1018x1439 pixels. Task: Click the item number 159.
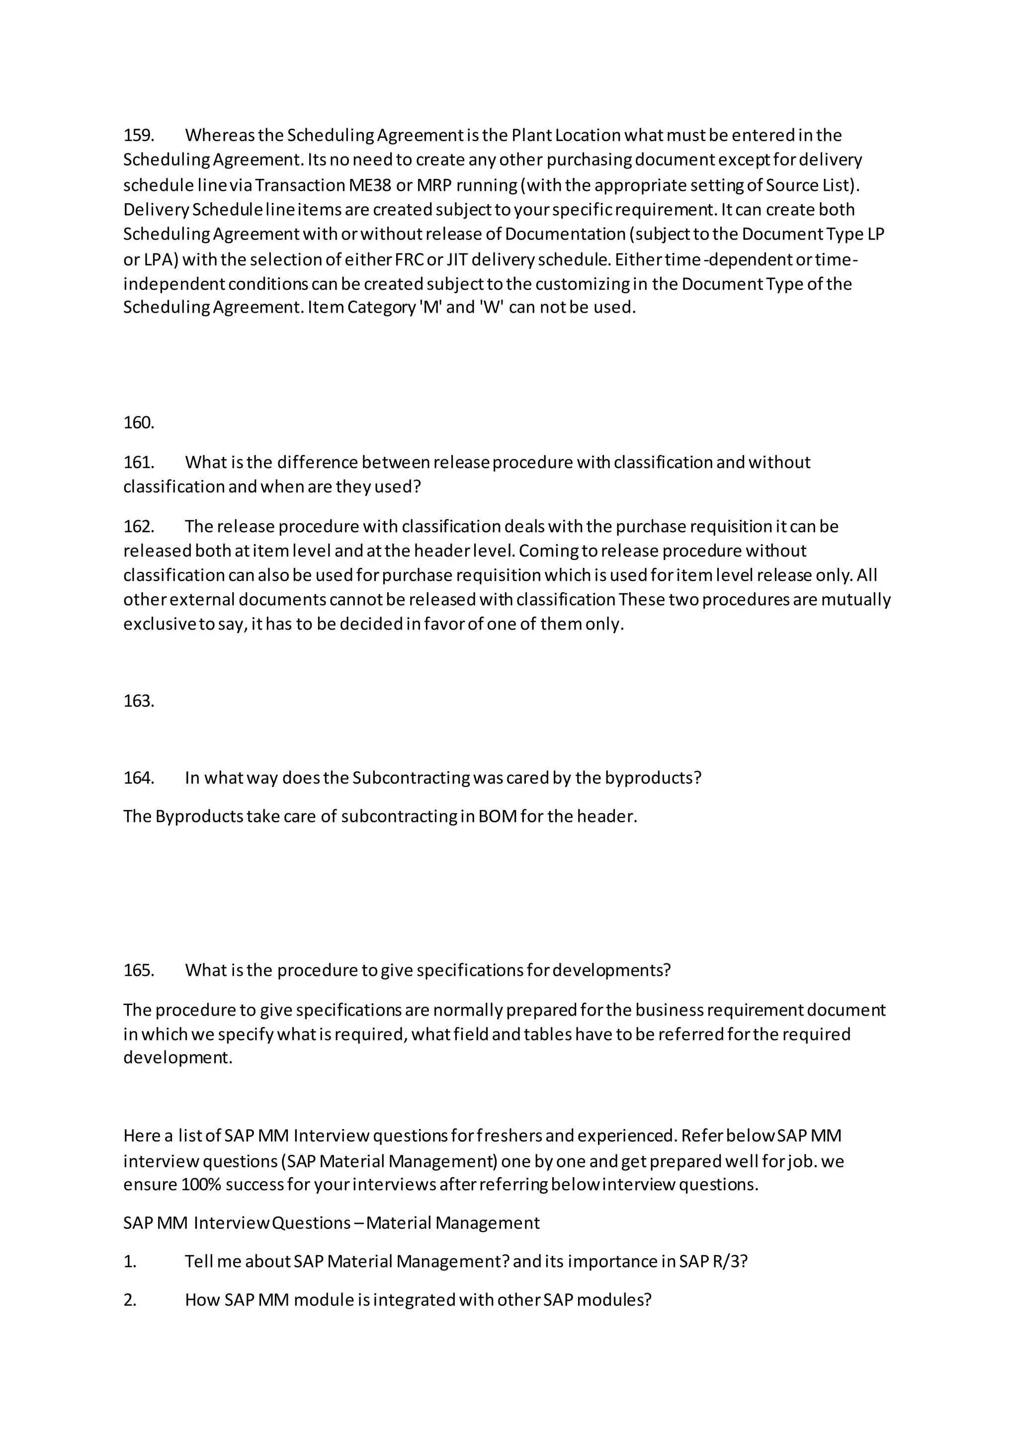pyautogui.click(x=139, y=135)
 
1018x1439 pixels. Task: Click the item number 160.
pyautogui.click(x=139, y=423)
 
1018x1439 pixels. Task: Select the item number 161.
pyautogui.click(x=139, y=463)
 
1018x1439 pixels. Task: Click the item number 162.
pyautogui.click(x=139, y=527)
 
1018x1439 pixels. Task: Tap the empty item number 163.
pyautogui.click(x=139, y=701)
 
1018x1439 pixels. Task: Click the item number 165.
pyautogui.click(x=139, y=970)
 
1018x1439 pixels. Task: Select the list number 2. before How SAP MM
pyautogui.click(x=130, y=1300)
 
